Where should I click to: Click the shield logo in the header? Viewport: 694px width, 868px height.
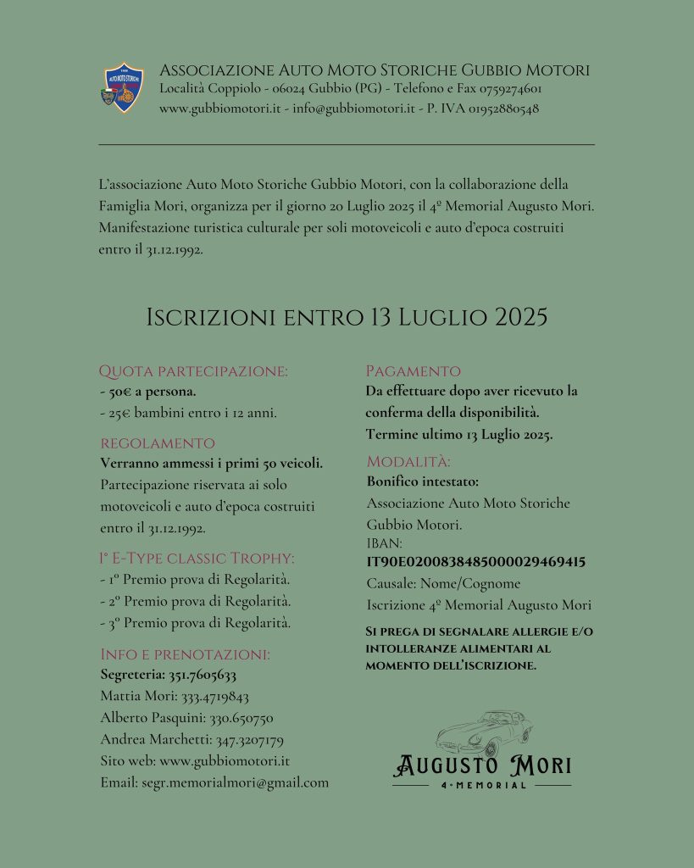click(123, 87)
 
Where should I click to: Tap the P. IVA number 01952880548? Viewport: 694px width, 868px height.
click(497, 108)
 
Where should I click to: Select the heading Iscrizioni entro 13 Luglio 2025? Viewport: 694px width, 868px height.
click(347, 317)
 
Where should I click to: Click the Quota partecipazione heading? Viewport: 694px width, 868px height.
click(193, 370)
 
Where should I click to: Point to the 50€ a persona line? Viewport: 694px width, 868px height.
click(148, 392)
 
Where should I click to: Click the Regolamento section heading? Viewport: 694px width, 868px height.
click(158, 442)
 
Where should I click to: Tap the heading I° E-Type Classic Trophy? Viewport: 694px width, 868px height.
click(197, 558)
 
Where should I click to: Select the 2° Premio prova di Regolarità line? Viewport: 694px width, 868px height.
click(195, 601)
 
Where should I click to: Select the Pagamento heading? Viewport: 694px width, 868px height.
click(413, 370)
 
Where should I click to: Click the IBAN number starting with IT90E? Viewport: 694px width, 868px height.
click(475, 562)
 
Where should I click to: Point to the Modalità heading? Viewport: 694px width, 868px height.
click(408, 462)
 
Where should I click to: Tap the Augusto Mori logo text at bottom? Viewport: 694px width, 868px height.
click(482, 766)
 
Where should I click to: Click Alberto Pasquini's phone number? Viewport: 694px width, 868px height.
click(242, 718)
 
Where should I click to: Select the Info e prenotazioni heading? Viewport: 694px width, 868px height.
click(185, 654)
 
